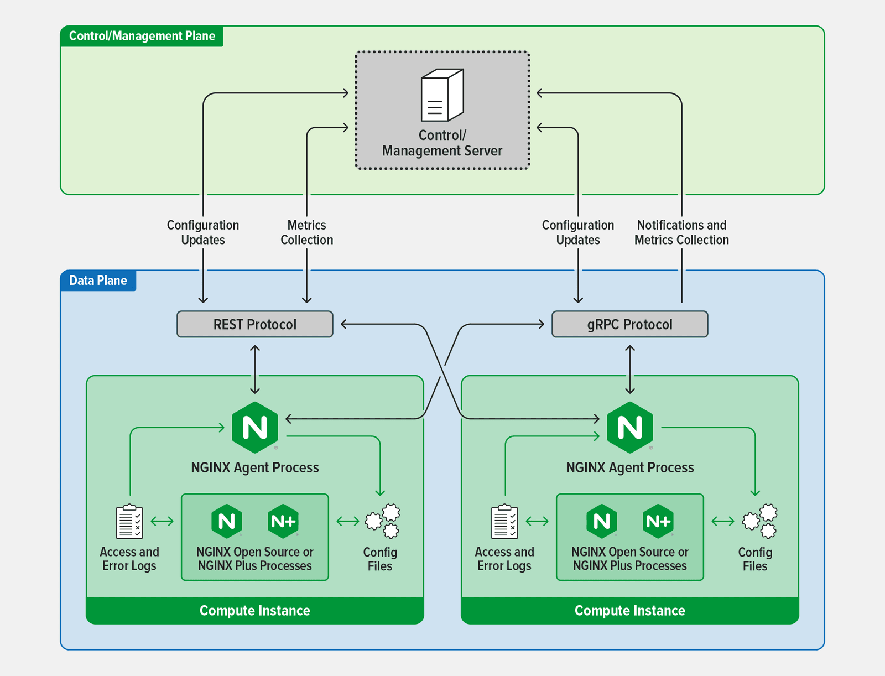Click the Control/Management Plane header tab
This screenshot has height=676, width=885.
tap(142, 36)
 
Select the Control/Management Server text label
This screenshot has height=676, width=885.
tap(442, 143)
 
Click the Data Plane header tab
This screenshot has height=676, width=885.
tap(98, 280)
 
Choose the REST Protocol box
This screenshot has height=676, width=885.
tap(254, 324)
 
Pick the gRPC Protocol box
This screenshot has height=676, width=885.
tap(629, 324)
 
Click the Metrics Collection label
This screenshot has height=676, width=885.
tap(306, 232)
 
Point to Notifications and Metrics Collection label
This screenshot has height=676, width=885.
tap(681, 232)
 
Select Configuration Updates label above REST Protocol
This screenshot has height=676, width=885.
tap(203, 232)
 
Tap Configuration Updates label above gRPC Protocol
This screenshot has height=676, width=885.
tap(577, 232)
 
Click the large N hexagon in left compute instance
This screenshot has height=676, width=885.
tap(254, 427)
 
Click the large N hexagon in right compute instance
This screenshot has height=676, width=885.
tap(629, 427)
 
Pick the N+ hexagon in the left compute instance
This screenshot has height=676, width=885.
tap(283, 521)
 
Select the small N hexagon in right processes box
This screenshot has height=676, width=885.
tap(602, 521)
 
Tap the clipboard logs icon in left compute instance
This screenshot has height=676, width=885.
tap(129, 521)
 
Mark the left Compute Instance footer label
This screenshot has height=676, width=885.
tap(254, 611)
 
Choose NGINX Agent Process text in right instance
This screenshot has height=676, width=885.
tap(629, 467)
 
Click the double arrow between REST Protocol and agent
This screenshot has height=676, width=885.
tap(254, 369)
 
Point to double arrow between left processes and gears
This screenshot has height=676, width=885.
tap(347, 521)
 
